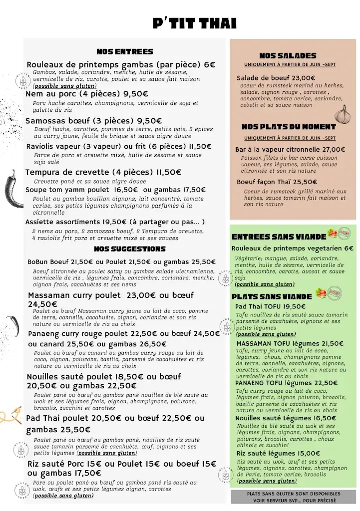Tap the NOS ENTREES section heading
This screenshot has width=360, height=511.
pyautogui.click(x=125, y=51)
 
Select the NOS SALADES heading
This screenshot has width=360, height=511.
pyautogui.click(x=288, y=56)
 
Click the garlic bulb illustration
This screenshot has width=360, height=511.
pyautogui.click(x=343, y=114)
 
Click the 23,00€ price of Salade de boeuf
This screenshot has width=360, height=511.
pyautogui.click(x=304, y=78)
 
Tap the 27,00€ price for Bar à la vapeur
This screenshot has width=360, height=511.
pyautogui.click(x=334, y=149)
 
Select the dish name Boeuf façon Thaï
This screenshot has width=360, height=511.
pyautogui.click(x=263, y=182)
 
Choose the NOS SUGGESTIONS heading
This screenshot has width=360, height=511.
pyautogui.click(x=130, y=249)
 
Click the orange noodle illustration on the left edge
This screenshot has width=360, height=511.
pyautogui.click(x=11, y=415)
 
